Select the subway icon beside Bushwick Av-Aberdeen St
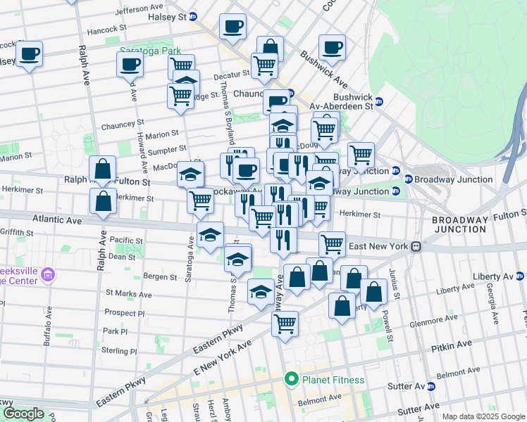(379, 101)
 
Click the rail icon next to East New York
(417, 246)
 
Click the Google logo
(24, 414)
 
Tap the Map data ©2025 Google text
(483, 416)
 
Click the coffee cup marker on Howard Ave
(130, 65)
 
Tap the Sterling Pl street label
(120, 351)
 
